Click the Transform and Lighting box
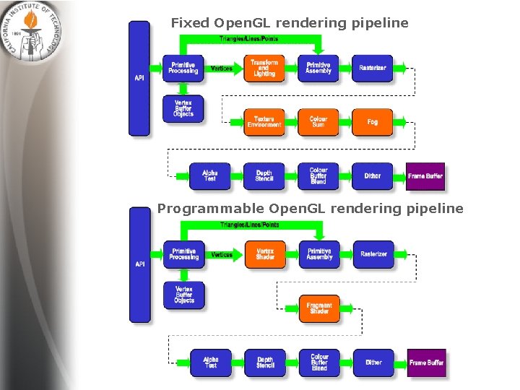pos(264,68)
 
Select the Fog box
pos(373,122)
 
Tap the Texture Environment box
pos(264,122)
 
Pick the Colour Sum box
pos(318,122)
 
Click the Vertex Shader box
pos(265,255)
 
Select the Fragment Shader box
pos(319,308)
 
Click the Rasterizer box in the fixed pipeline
pos(373,68)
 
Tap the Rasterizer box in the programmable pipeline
pos(373,254)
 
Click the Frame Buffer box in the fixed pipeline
pos(425,176)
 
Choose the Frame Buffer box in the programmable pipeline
pos(426,363)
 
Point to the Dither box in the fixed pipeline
pos(373,176)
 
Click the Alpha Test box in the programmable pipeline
pos(211,363)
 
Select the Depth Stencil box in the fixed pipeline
pos(264,176)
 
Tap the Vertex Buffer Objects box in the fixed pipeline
pos(183,108)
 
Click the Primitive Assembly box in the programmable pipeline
pos(319,254)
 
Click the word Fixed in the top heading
pos(191,23)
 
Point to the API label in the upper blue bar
pos(139,77)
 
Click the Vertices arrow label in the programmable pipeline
pos(222,255)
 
